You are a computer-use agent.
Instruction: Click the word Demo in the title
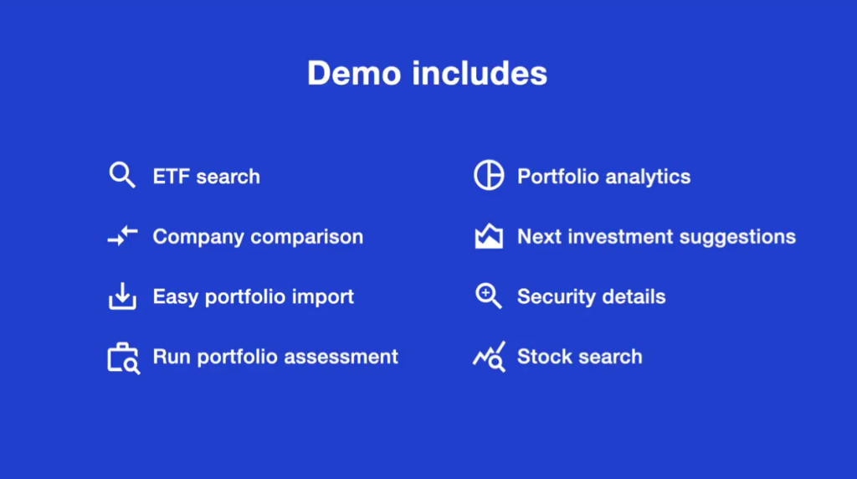[x=354, y=73]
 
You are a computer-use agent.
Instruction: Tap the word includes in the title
[x=480, y=73]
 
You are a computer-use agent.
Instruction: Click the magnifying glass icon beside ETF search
[x=122, y=175]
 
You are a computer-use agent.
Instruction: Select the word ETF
[x=171, y=177]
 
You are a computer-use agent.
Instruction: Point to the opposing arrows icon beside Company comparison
[x=122, y=235]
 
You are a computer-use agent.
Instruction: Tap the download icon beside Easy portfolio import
[x=122, y=296]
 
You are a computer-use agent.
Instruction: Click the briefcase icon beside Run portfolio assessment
[x=124, y=358]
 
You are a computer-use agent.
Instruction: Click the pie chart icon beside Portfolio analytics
[x=489, y=175]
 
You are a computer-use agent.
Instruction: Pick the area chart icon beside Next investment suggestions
[x=489, y=236]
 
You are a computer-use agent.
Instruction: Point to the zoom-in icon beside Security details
[x=488, y=296]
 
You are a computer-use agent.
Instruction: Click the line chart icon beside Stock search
[x=489, y=357]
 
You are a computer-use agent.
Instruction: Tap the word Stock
[x=544, y=357]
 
